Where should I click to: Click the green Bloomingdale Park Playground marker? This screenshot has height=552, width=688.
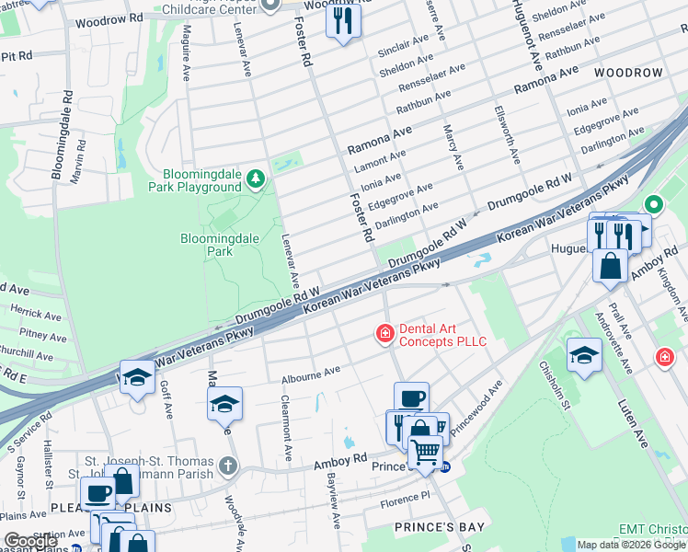[258, 178]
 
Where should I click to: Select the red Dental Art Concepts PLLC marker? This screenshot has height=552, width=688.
[384, 334]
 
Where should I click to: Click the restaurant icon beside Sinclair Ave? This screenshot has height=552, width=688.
[342, 20]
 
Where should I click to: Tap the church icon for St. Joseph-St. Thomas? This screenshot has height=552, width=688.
[228, 466]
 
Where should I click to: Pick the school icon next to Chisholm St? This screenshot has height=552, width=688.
[583, 354]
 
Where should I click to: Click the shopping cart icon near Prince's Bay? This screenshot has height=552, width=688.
[425, 453]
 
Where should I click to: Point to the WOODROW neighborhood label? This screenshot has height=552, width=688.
[628, 72]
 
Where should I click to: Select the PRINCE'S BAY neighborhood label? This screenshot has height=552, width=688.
[433, 527]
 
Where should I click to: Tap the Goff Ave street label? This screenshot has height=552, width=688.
[167, 399]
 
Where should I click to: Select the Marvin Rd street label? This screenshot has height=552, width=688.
[81, 157]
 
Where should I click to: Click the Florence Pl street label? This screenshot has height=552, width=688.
[404, 498]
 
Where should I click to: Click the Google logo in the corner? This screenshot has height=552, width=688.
[30, 541]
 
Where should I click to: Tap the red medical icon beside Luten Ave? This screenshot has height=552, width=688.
[664, 356]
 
